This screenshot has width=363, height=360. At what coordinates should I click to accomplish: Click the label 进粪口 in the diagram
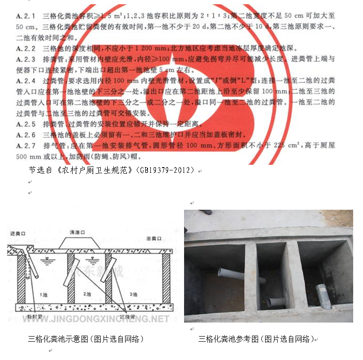17,233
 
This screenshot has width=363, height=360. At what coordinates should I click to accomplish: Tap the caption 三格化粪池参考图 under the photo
256,339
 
